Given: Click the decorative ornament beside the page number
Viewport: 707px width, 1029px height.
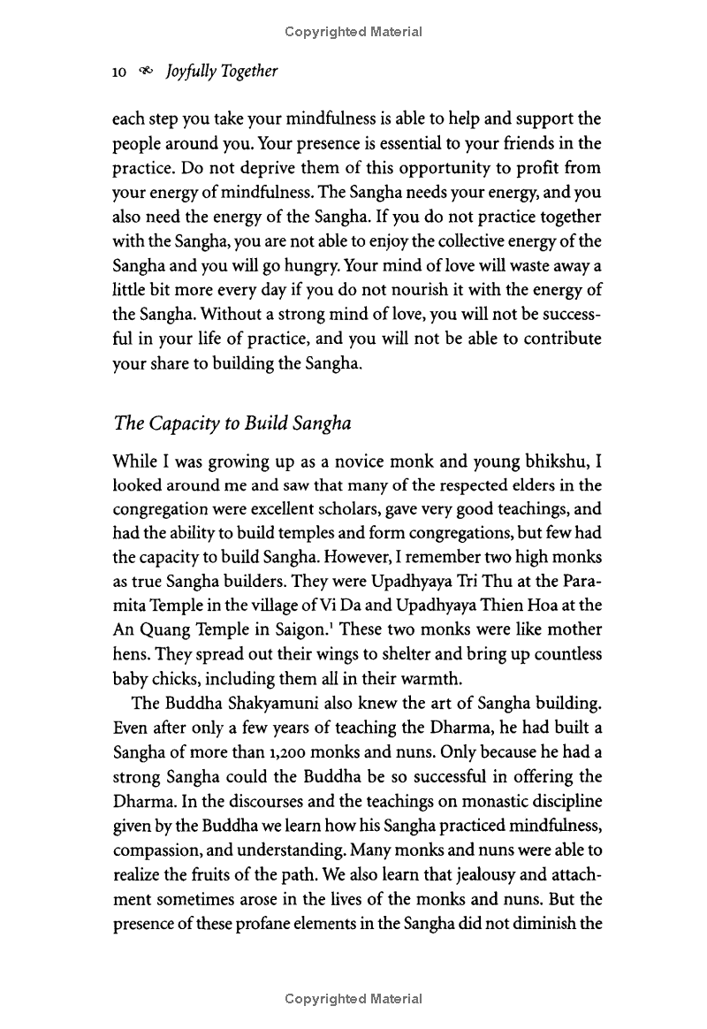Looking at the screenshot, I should [145, 72].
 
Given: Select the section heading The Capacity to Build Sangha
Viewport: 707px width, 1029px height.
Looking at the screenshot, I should [233, 423].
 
